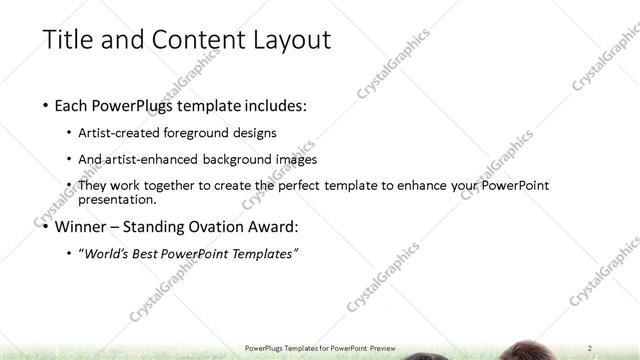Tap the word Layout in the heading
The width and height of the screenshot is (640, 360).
click(x=286, y=39)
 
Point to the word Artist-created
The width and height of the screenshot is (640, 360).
click(x=124, y=133)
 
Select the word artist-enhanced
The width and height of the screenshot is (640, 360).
click(x=153, y=159)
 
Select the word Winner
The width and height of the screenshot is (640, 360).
click(x=82, y=226)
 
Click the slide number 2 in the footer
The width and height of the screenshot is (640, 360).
click(x=591, y=347)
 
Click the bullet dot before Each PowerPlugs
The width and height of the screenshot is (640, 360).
click(x=47, y=105)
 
